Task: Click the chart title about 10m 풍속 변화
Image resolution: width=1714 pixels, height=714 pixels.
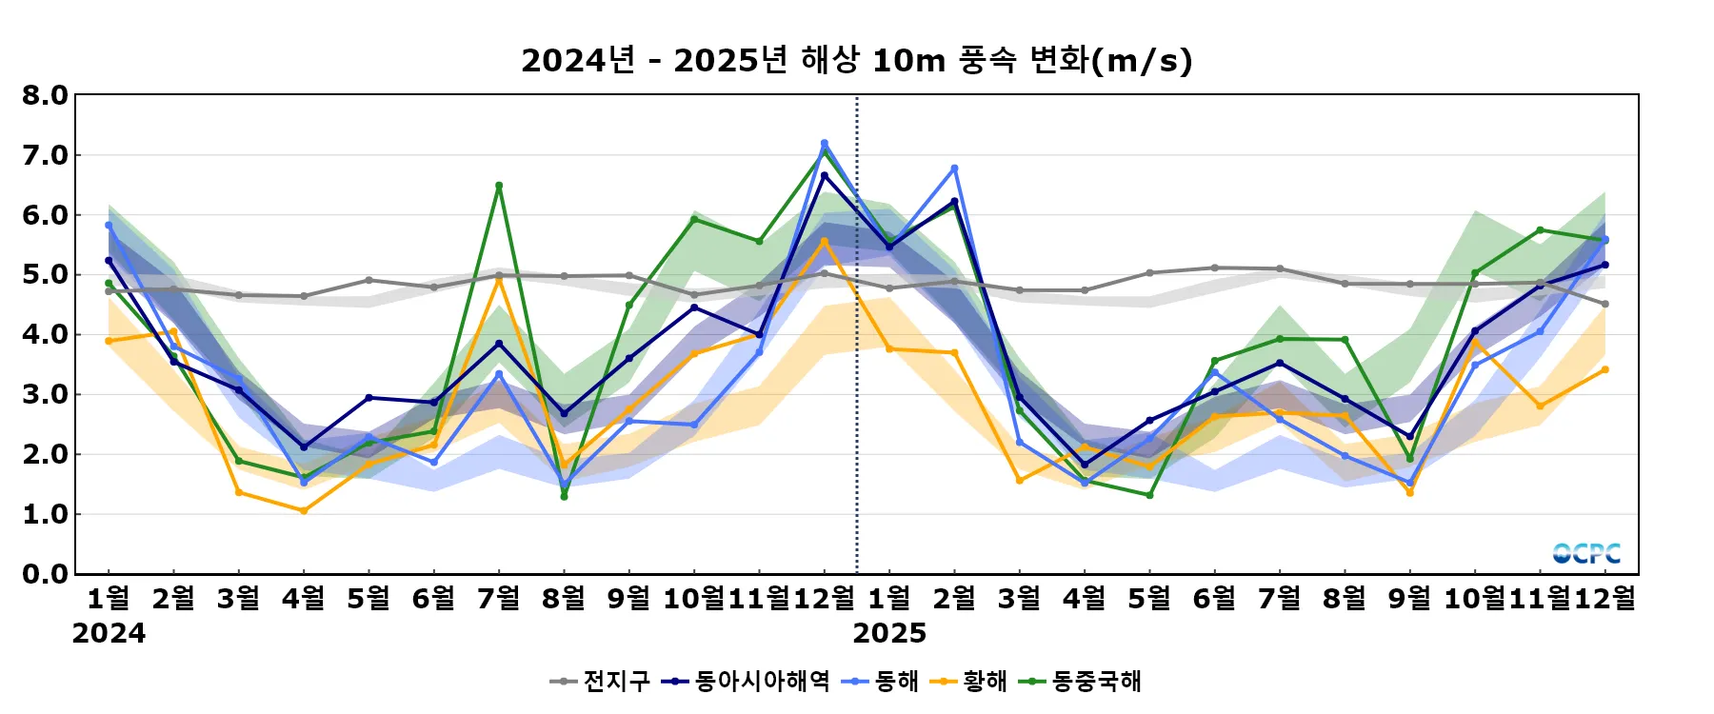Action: tap(856, 61)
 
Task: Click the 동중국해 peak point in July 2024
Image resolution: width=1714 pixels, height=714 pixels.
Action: tap(499, 186)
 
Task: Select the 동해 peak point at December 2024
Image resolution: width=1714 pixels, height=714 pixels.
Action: tap(825, 143)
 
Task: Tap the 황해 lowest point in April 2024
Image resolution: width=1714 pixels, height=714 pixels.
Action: tap(304, 511)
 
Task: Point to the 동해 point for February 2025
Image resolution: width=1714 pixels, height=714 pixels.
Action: tap(954, 169)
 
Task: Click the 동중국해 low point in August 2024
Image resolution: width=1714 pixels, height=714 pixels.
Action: tap(564, 496)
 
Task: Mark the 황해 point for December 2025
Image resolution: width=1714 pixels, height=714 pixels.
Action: tap(1604, 369)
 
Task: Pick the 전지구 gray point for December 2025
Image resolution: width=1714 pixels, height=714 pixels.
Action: tap(1604, 304)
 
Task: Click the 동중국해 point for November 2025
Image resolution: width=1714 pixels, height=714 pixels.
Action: tap(1540, 230)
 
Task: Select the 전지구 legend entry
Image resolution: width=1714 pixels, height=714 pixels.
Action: tap(600, 682)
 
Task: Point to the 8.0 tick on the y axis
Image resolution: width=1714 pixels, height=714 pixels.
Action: tap(46, 95)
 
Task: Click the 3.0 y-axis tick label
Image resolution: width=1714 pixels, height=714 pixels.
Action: tap(46, 394)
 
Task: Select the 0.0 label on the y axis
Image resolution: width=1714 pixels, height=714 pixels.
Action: tap(46, 574)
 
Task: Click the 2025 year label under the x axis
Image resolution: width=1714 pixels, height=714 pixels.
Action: tap(889, 634)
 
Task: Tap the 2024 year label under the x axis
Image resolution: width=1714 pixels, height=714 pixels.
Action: tap(109, 634)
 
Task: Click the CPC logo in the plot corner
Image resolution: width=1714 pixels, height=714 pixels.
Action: tap(1586, 553)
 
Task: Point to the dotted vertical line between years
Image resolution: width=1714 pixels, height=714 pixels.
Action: tap(857, 333)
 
